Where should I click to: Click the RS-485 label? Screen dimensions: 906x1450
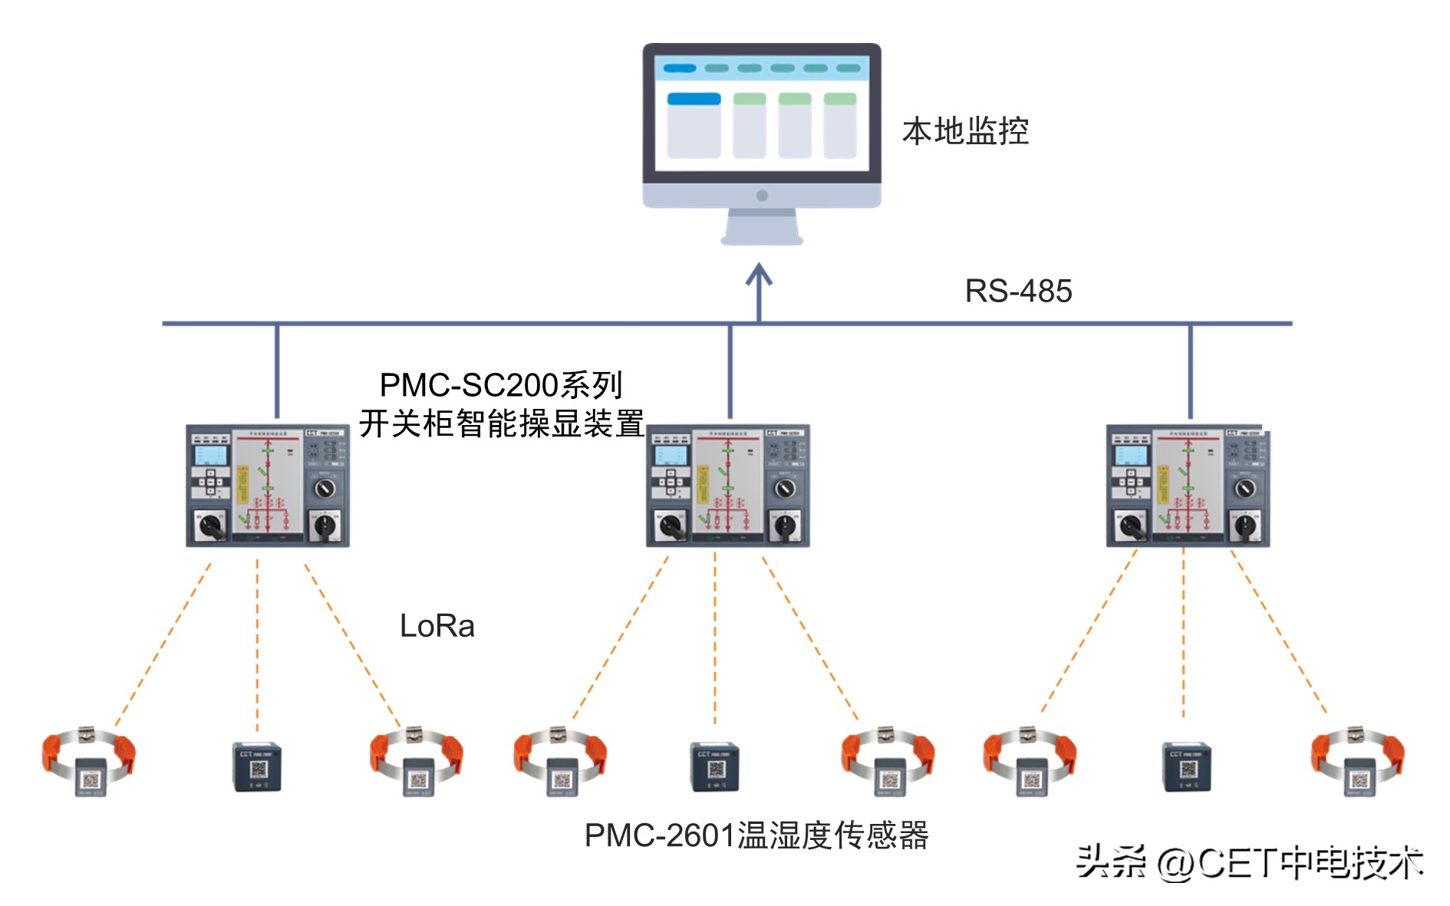1017,292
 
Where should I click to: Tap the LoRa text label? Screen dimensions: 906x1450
437,626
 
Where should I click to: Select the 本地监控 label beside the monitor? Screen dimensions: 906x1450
965,131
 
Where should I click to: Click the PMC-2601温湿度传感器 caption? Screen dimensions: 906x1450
756,835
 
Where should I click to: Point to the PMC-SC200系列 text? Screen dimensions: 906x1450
500,385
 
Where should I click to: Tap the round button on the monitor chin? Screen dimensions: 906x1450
762,196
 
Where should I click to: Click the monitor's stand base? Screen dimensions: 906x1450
762,240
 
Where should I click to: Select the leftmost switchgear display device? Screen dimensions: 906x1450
268,486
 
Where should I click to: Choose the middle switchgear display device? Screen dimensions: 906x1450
727,486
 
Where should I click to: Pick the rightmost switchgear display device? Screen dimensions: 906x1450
1188,486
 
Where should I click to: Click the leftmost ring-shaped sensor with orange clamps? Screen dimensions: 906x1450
89,760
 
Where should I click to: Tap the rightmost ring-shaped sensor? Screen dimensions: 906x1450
1357,760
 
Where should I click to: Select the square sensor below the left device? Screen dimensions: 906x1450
257,766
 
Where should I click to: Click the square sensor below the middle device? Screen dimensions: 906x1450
714,766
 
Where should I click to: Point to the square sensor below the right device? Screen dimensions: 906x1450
1187,766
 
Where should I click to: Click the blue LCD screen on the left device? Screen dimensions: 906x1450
210,456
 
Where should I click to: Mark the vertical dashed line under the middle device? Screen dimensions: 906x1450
715,637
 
